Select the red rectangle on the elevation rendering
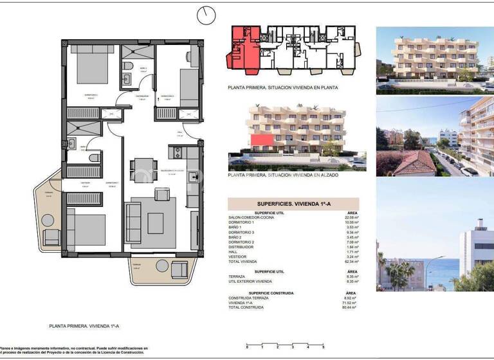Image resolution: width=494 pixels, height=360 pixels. pos(261,141)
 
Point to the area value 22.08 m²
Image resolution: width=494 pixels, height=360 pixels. pos(352,217)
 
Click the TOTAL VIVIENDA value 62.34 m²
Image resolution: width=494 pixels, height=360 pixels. pos(352,262)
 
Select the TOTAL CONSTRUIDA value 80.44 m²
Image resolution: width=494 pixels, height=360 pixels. pos(352,307)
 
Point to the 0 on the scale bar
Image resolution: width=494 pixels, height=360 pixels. pos(247,347)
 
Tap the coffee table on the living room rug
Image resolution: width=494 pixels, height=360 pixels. pos(156,222)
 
